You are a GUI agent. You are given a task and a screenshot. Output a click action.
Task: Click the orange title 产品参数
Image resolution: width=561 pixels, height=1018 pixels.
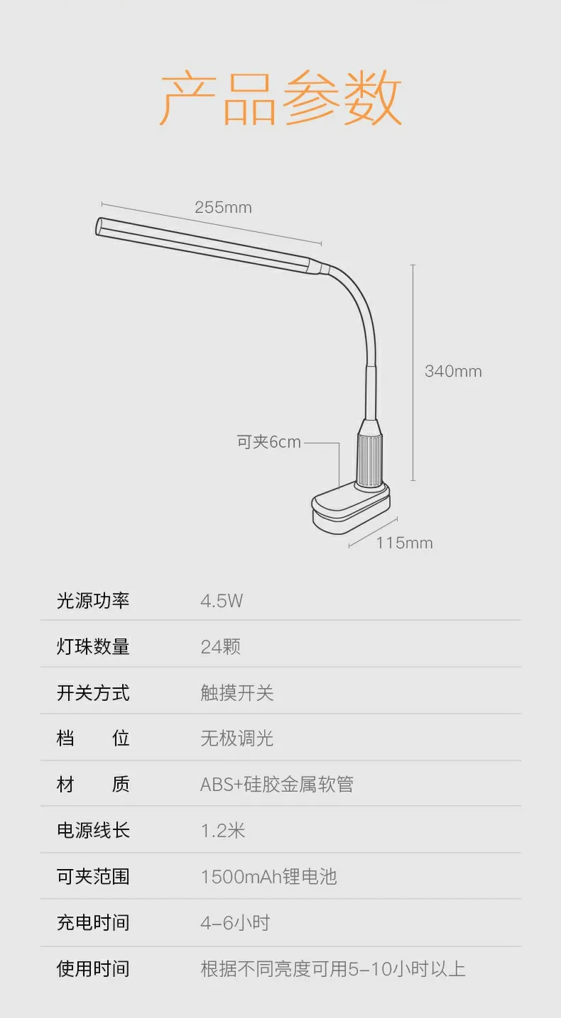[280, 98]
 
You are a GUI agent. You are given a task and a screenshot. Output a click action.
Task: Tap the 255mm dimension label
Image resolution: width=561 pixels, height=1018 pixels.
[223, 208]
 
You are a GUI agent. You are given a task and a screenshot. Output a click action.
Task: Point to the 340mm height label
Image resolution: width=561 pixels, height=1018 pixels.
[453, 371]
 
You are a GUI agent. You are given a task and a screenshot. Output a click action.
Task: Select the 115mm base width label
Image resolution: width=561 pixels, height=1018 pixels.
[405, 543]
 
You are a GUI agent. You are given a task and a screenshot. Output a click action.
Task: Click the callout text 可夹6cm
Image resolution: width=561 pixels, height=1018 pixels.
[269, 442]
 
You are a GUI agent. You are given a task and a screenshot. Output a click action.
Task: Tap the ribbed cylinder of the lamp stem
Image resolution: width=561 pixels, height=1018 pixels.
[369, 460]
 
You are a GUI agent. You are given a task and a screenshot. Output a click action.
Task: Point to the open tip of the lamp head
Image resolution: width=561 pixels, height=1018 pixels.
[99, 226]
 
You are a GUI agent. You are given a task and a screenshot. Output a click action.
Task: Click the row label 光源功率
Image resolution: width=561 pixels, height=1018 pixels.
[93, 601]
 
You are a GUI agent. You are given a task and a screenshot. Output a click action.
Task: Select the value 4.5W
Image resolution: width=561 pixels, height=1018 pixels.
[222, 602]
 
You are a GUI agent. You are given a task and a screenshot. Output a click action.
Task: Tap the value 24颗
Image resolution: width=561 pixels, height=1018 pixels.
[221, 647]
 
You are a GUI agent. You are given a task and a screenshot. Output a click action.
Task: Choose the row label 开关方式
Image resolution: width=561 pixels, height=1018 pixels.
[93, 693]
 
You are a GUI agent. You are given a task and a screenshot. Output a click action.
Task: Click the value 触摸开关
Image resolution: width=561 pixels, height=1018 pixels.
[237, 693]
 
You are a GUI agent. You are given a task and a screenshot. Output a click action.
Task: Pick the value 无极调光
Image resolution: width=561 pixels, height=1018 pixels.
[237, 738]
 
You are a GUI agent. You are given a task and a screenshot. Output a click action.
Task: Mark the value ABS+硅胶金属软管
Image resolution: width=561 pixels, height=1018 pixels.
[277, 785]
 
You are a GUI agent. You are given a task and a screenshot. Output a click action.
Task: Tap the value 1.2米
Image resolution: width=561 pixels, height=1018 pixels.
[223, 831]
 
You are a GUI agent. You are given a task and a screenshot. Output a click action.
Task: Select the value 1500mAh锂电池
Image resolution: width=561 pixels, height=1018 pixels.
[269, 877]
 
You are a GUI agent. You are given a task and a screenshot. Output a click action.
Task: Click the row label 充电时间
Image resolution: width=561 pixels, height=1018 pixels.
[93, 922]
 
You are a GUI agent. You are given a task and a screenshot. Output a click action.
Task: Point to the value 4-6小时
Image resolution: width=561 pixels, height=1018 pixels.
[235, 923]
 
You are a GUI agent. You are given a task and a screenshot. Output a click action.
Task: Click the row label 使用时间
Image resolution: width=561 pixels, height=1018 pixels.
[93, 969]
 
